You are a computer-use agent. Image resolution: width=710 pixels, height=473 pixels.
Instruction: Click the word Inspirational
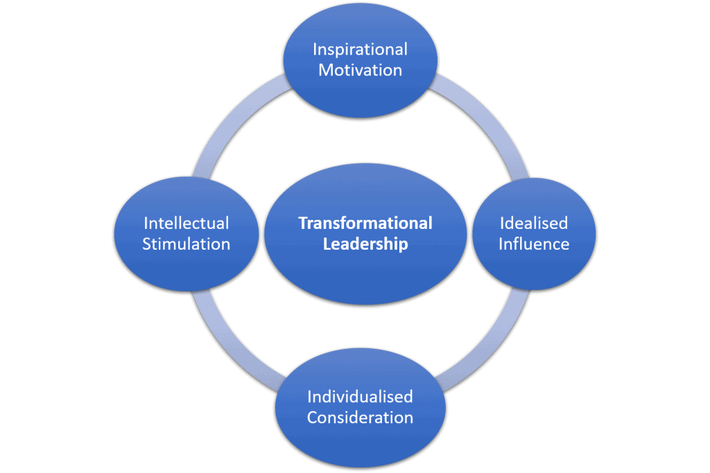(360, 50)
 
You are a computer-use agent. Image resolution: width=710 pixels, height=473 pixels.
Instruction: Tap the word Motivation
(360, 71)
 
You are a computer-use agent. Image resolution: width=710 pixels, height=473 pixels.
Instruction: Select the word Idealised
(533, 223)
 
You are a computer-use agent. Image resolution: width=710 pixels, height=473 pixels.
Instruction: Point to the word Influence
(533, 244)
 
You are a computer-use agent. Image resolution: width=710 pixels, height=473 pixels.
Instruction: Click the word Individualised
(360, 397)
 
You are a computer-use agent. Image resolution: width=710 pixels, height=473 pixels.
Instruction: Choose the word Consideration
(360, 418)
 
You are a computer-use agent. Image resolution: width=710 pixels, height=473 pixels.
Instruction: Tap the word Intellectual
(186, 223)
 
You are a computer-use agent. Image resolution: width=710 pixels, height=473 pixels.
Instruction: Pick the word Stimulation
(186, 244)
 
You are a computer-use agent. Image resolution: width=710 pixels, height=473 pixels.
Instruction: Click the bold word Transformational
(365, 223)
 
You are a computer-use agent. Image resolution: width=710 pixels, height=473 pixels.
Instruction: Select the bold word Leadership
(365, 244)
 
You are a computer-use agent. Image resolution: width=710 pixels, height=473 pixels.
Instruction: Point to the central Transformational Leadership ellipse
(365, 277)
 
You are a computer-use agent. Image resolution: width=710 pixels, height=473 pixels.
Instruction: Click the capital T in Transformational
(302, 223)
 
